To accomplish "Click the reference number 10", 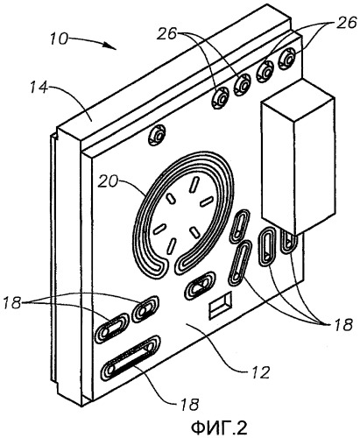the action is pos(59,39).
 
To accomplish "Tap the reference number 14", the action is pos(39,87).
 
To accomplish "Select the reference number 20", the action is pos(107,182).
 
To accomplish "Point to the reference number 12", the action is pos(260,372).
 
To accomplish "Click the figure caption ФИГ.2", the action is pos(219,427).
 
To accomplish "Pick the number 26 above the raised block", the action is pos(347,22).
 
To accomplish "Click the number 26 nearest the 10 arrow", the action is pos(166,34).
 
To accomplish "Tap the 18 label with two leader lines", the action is pos(12,303).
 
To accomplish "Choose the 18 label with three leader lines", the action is pos(344,325).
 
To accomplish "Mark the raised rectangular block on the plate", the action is pos(298,158).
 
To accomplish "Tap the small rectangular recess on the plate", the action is pos(220,306).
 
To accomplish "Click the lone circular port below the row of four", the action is pos(157,135).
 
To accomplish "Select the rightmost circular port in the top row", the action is pos(287,59).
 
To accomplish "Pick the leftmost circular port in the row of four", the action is pos(219,97).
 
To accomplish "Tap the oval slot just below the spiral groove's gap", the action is pos(200,286).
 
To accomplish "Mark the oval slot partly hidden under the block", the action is pos(288,239).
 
